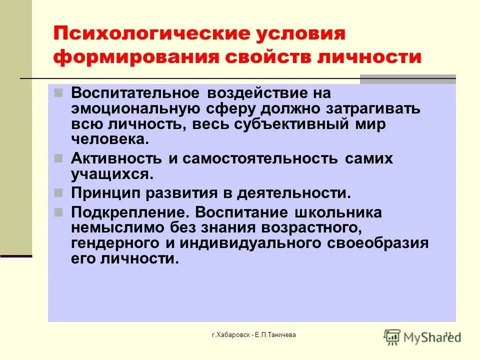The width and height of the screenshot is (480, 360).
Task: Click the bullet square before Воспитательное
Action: (x=58, y=93)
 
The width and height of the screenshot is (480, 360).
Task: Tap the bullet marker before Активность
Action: (x=58, y=158)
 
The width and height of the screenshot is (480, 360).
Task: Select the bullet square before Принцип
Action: (x=58, y=192)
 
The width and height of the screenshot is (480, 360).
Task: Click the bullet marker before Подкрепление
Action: (x=58, y=211)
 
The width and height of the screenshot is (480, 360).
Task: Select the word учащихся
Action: (x=111, y=174)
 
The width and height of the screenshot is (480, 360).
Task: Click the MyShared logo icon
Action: (x=393, y=336)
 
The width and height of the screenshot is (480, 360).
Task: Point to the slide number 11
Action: (x=447, y=334)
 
